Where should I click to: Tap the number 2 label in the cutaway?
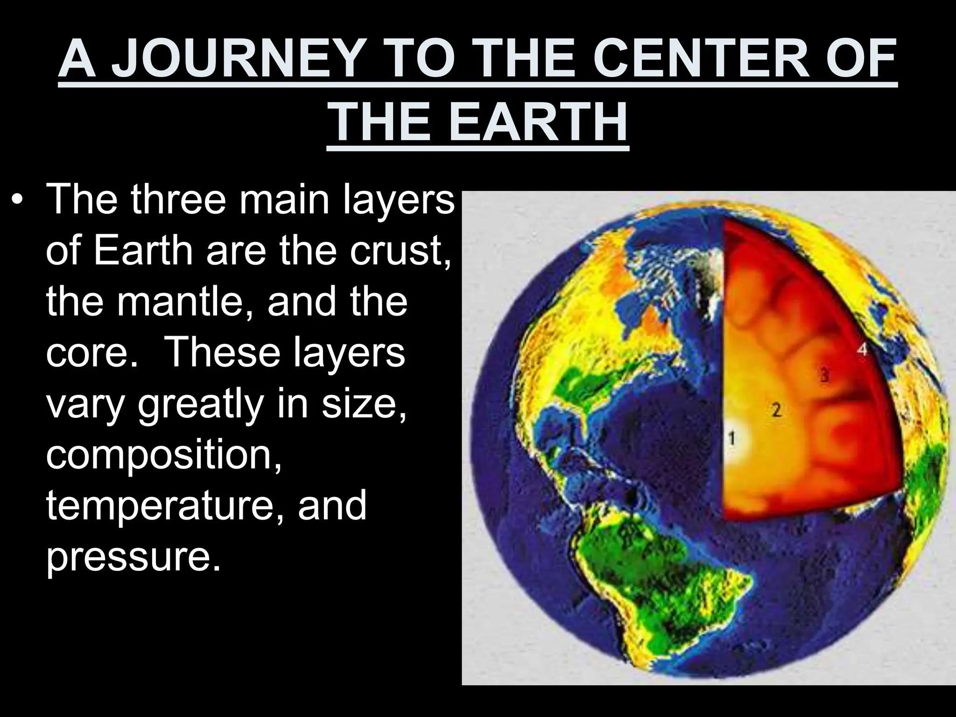[776, 410]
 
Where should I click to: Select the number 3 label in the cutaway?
[825, 375]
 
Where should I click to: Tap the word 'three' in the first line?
[180, 200]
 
